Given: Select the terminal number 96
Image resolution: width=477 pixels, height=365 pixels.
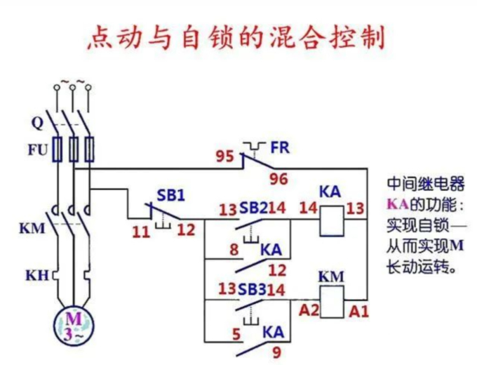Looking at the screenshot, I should [x=278, y=179].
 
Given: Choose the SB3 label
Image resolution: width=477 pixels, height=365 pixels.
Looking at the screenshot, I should [x=253, y=289].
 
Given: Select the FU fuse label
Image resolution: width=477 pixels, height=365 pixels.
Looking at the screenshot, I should [x=36, y=150].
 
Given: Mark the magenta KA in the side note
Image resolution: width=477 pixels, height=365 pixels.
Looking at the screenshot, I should [x=396, y=206].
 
